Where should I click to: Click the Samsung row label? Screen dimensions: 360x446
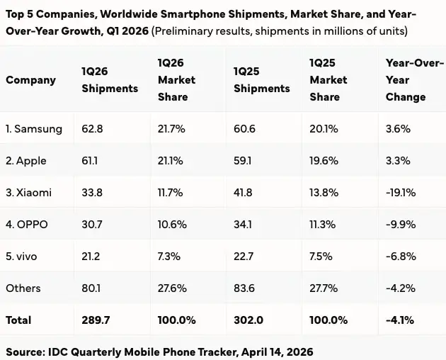pos(34,129)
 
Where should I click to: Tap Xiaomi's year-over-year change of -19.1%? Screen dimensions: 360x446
pos(400,193)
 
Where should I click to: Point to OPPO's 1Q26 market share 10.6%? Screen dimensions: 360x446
pos(172,225)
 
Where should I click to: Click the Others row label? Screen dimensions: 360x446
pos(23,288)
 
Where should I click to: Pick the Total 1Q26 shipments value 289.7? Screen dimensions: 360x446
pos(96,320)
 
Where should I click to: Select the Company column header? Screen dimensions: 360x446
pos(30,80)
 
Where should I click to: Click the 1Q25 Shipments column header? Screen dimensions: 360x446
pos(261,80)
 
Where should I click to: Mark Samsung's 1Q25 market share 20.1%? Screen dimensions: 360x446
pos(323,129)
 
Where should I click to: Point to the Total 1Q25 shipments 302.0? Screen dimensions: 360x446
pos(248,320)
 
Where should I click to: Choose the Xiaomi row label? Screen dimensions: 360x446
pos(28,193)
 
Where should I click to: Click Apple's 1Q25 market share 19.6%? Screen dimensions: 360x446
pos(324,161)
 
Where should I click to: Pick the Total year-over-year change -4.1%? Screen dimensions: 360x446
pos(401,320)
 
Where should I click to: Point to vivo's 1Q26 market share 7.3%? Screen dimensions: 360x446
pos(169,257)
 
